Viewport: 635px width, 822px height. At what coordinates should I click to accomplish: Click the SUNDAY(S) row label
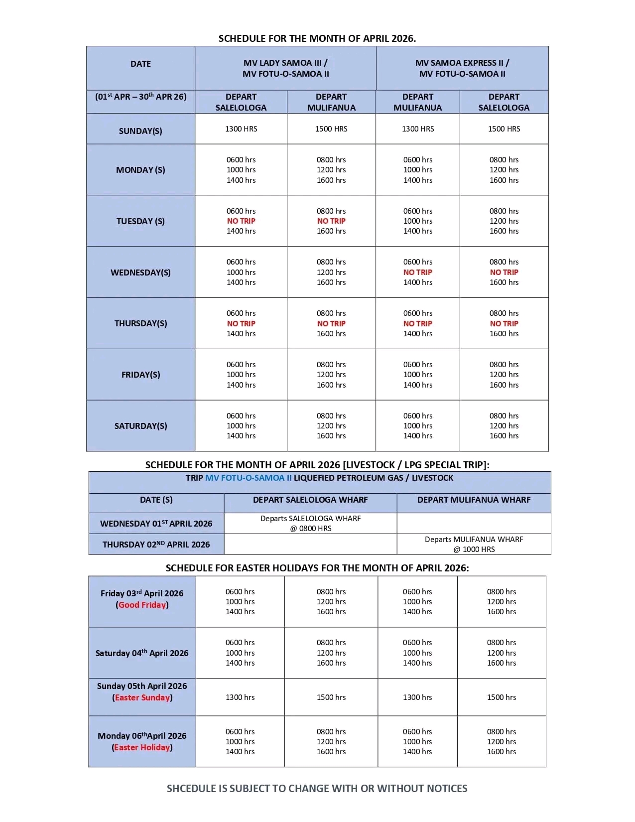[x=140, y=131]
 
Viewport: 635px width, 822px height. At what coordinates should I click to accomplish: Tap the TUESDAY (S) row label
[x=140, y=221]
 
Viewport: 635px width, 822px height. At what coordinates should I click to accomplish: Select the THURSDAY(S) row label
[x=140, y=323]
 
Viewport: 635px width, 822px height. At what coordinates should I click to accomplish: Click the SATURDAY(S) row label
[x=140, y=426]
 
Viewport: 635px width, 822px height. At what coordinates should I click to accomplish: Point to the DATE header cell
[x=140, y=64]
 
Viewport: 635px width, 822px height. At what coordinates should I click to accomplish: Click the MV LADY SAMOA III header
[x=285, y=63]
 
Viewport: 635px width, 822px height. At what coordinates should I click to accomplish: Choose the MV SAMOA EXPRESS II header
[x=462, y=63]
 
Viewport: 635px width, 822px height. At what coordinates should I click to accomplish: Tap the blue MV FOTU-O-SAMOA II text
[x=249, y=478]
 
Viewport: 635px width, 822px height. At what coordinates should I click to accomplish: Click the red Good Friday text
[x=142, y=605]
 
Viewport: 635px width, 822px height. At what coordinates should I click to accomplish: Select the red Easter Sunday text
[x=142, y=697]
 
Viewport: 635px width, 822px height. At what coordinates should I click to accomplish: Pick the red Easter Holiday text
[x=142, y=747]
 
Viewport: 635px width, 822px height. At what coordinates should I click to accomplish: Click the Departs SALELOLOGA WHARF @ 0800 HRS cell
[x=310, y=523]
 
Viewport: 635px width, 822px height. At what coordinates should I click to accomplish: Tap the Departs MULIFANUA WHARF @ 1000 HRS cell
[x=474, y=544]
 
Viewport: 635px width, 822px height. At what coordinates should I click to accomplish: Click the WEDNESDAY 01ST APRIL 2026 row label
[x=156, y=524]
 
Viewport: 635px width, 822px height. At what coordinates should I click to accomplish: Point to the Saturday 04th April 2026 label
[x=142, y=653]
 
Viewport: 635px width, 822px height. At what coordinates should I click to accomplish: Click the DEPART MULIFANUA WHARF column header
[x=474, y=500]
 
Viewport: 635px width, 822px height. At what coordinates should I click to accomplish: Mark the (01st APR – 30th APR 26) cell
[x=140, y=97]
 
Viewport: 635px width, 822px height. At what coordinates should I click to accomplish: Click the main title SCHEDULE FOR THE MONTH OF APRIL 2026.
[x=317, y=38]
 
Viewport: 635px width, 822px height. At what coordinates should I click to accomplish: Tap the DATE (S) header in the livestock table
[x=156, y=500]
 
